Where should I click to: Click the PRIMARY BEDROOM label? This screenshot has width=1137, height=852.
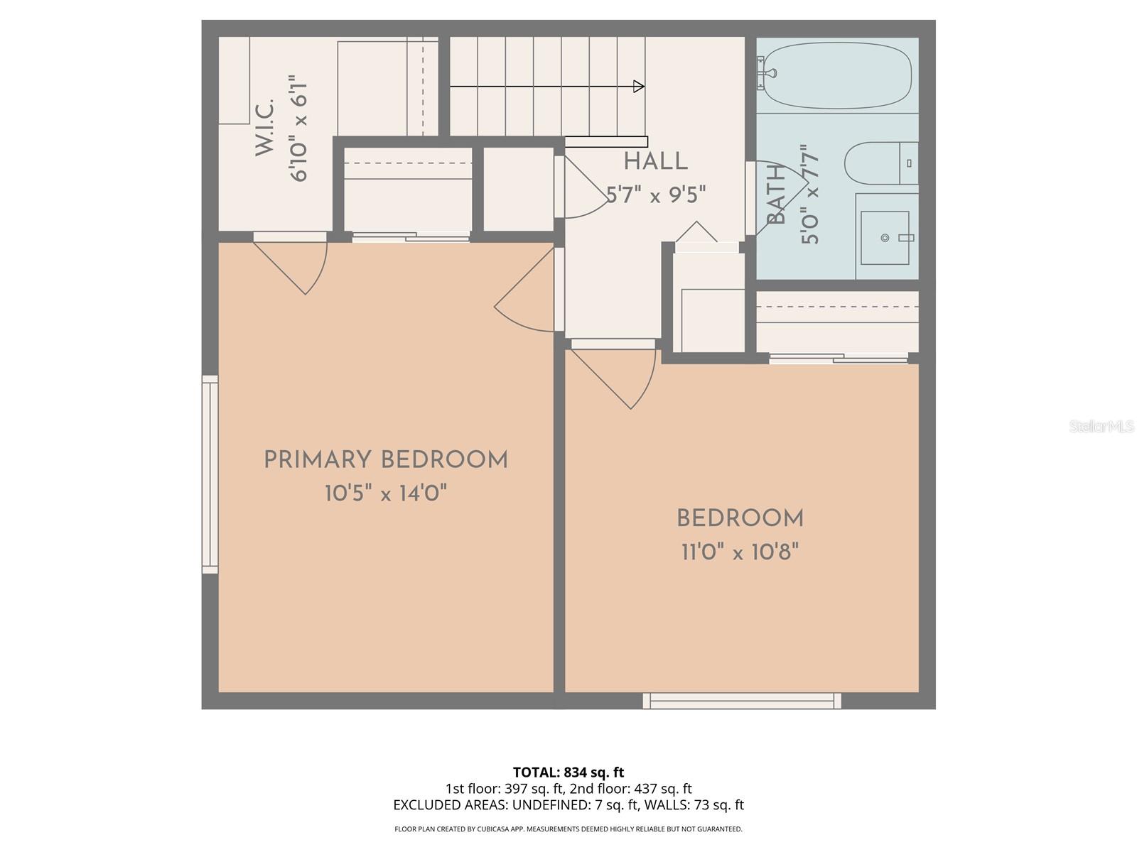[x=386, y=460]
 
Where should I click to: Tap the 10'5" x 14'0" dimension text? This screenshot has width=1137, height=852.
[x=386, y=493]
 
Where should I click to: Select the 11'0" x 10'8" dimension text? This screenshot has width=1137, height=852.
[x=740, y=552]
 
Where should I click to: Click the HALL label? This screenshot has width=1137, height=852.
[x=655, y=162]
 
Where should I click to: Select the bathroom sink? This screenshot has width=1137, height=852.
[x=885, y=237]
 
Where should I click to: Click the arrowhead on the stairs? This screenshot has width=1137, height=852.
[x=638, y=87]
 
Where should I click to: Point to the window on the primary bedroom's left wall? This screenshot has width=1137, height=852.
[x=210, y=474]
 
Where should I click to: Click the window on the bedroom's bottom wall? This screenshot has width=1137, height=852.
[x=742, y=701]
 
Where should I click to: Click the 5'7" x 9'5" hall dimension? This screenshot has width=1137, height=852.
[x=655, y=195]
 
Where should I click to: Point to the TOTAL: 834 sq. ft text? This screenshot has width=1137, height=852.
[x=568, y=772]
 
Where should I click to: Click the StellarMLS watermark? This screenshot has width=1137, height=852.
[x=1102, y=427]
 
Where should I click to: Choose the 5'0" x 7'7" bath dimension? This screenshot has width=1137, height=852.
[x=811, y=195]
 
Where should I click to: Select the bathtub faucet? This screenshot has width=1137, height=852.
[x=767, y=72]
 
